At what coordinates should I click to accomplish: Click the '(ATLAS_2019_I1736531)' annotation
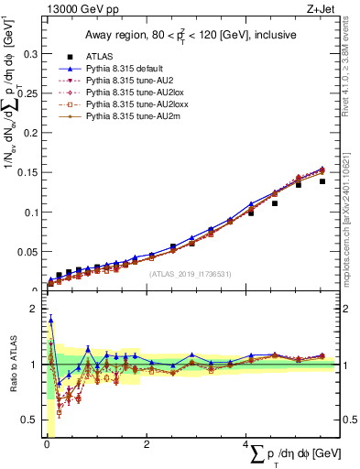pos(191,273)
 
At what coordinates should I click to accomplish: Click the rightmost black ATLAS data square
pos(322,181)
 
